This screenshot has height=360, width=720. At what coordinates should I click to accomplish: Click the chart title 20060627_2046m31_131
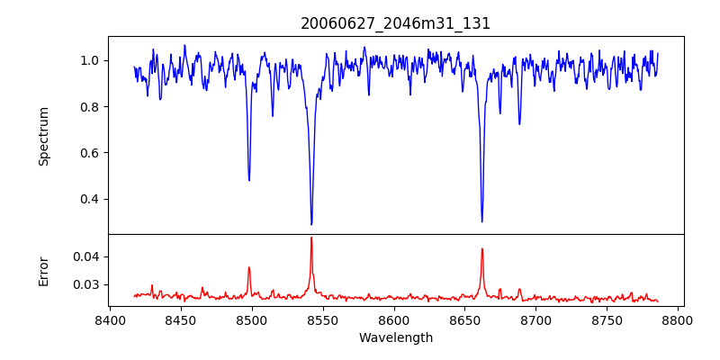pos(395,23)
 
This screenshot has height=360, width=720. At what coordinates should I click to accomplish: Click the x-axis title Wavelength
pos(395,337)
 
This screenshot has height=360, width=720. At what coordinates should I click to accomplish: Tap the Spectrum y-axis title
pos(43,136)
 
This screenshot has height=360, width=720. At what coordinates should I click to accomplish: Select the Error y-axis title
pos(43,270)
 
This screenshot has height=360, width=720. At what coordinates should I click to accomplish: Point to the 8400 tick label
pos(110,319)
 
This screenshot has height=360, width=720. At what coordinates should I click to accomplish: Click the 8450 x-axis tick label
pos(181,319)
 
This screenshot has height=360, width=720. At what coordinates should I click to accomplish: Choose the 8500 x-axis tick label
pos(252,319)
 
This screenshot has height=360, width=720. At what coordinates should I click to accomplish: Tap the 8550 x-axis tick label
pos(323,319)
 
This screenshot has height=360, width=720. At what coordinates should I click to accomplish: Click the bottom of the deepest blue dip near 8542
pos(311,224)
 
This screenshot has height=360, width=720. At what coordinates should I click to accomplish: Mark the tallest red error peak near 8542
pos(311,238)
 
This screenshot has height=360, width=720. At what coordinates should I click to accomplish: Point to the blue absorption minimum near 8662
pos(481,221)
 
